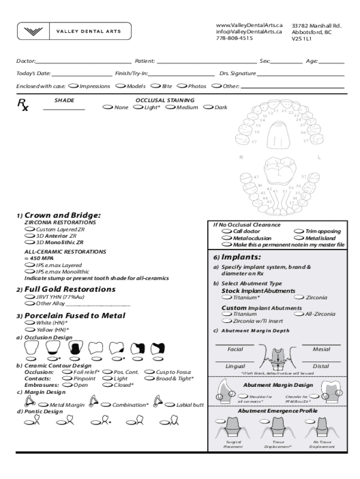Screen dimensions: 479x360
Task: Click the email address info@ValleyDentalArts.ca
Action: click(249, 31)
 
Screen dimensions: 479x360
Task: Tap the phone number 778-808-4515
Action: click(234, 38)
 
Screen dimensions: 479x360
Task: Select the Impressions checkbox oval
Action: click(73, 86)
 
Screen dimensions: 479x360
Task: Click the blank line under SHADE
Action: click(64, 109)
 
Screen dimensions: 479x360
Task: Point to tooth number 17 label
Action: click(253, 142)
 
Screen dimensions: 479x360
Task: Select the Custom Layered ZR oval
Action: click(29, 230)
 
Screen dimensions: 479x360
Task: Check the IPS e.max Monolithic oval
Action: click(29, 271)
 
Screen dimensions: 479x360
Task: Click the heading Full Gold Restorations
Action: click(70, 289)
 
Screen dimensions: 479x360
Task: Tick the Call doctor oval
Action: click(226, 231)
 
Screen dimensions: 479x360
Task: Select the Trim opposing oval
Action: click(298, 231)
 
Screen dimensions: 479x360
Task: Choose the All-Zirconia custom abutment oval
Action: click(298, 314)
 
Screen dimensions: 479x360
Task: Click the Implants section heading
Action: click(241, 257)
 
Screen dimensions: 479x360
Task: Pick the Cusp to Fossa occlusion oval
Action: click(150, 372)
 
